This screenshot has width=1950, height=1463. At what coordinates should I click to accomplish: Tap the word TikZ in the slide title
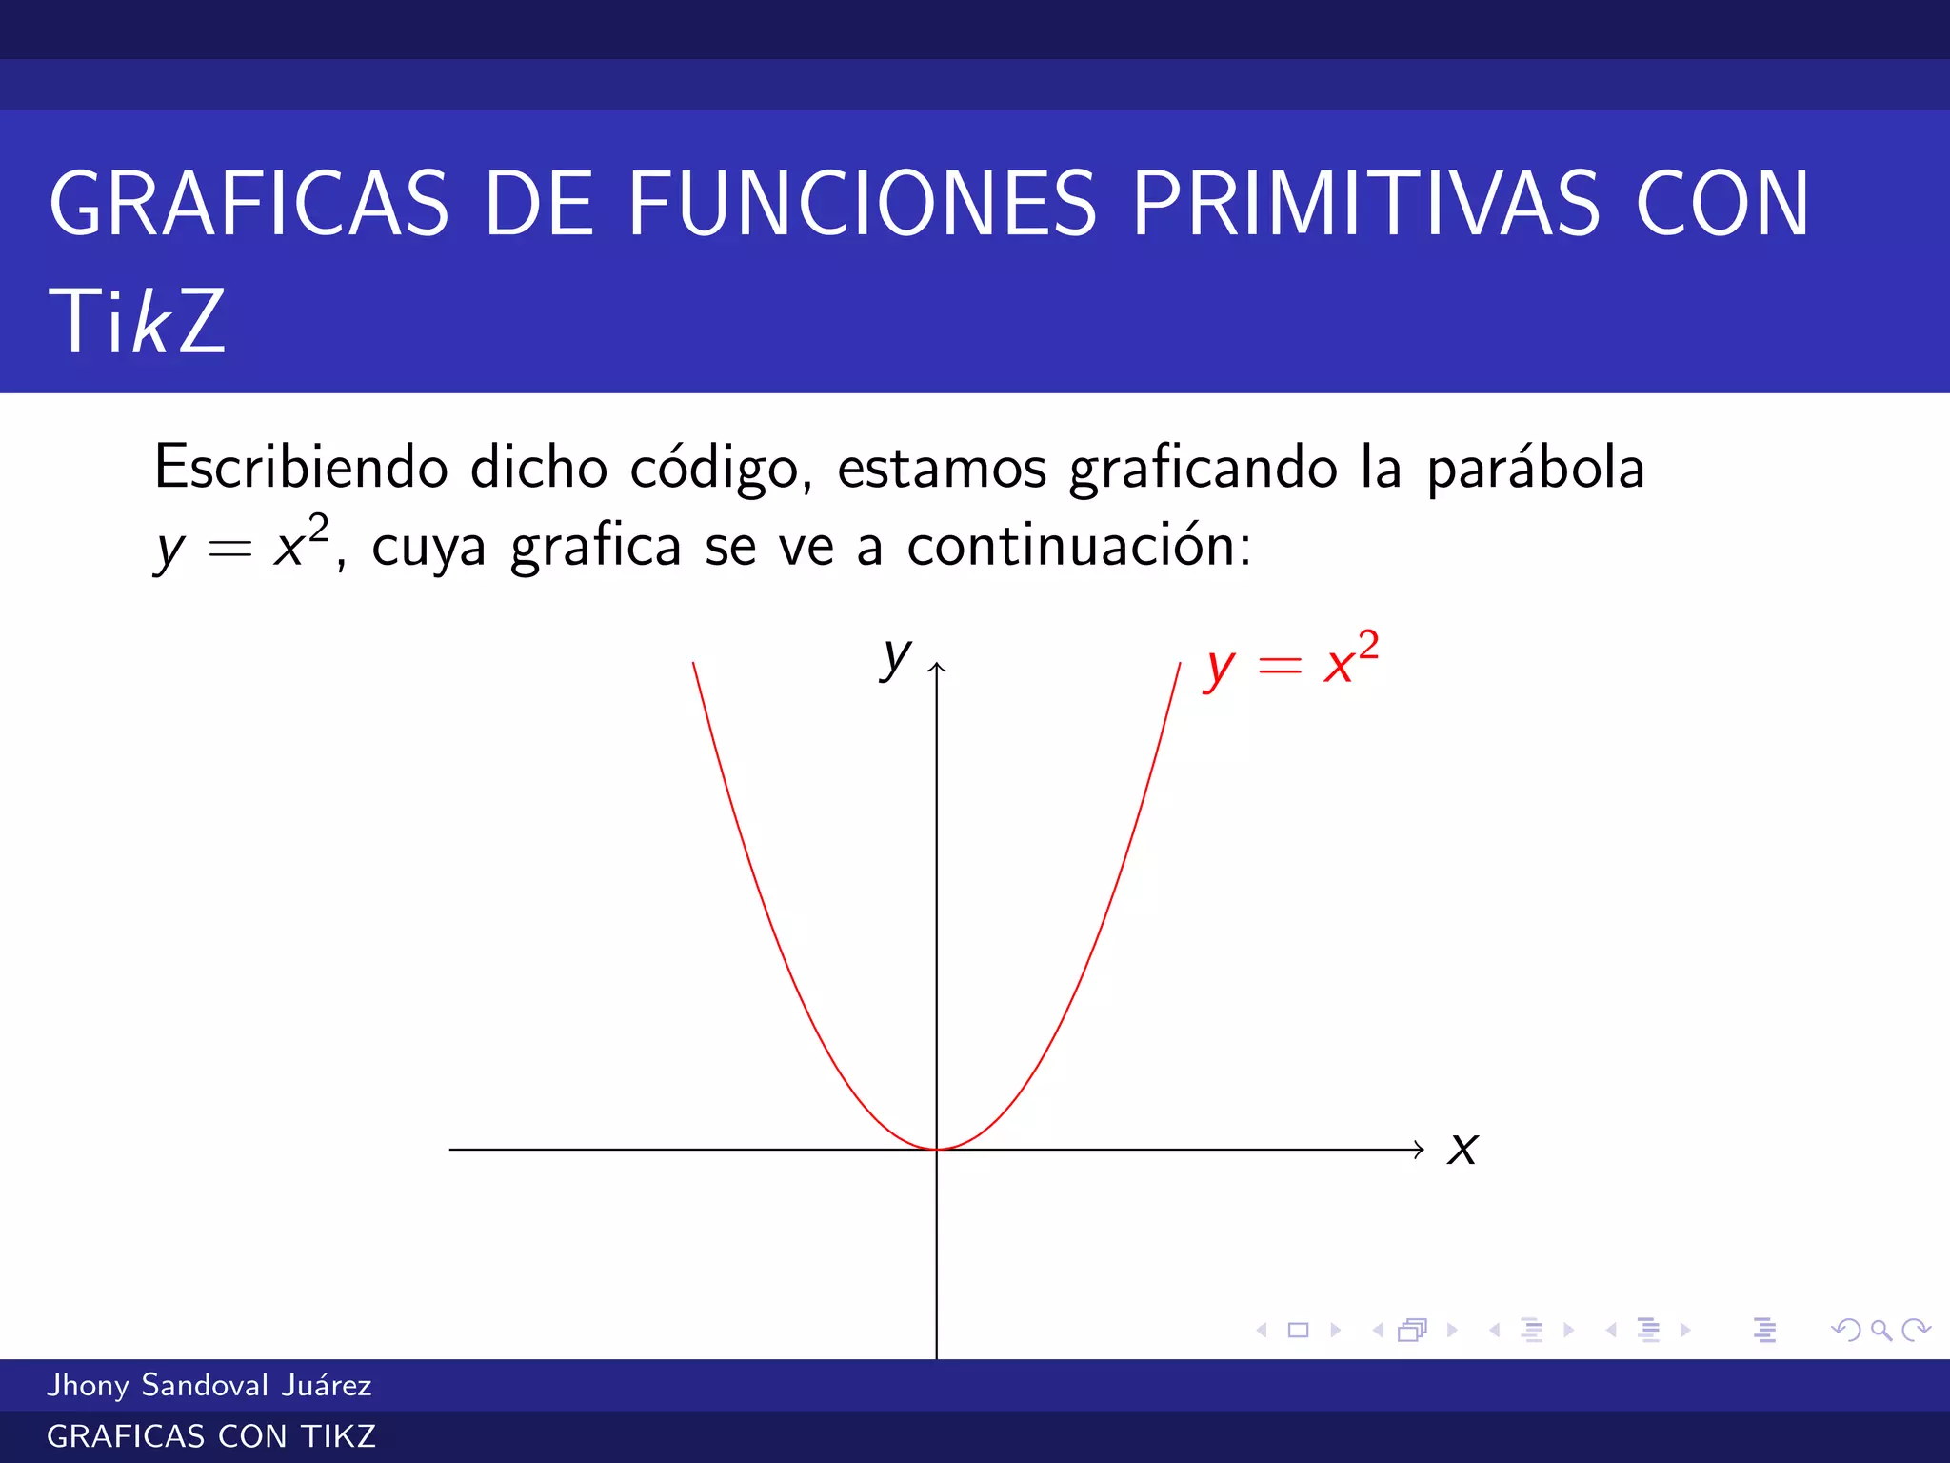[137, 322]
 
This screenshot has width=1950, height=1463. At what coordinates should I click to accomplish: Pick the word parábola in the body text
[1535, 469]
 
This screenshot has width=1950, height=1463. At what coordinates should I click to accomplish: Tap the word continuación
[1078, 547]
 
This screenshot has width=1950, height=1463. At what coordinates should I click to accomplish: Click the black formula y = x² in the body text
[243, 546]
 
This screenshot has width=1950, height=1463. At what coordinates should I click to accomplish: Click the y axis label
[895, 656]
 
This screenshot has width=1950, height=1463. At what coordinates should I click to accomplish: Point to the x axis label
[1462, 1150]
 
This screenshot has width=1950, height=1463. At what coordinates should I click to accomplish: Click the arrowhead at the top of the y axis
[937, 667]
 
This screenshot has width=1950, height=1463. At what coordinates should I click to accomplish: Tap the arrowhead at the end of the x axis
[1420, 1150]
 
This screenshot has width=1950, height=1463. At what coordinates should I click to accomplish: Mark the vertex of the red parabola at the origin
[937, 1149]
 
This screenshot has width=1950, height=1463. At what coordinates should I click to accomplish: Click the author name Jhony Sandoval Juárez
[209, 1385]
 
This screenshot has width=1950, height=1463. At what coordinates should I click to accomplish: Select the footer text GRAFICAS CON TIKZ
[211, 1436]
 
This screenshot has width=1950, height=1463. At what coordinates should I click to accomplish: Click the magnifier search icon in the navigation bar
[1880, 1330]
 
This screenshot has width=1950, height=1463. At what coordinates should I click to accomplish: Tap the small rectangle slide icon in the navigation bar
[1298, 1330]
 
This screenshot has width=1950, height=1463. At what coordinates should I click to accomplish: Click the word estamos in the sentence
[942, 469]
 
